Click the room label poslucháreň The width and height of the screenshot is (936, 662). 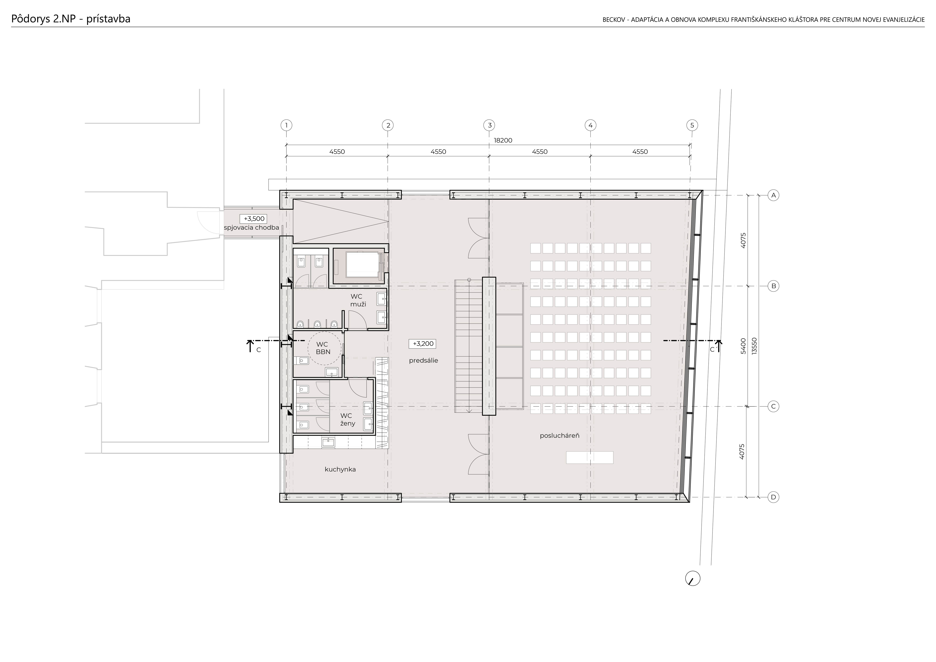pyautogui.click(x=560, y=436)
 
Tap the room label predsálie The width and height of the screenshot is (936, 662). pyautogui.click(x=424, y=360)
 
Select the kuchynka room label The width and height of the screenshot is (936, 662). pyautogui.click(x=340, y=469)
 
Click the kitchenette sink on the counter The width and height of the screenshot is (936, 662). pyautogui.click(x=328, y=442)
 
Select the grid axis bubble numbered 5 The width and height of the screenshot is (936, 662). pyautogui.click(x=692, y=125)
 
